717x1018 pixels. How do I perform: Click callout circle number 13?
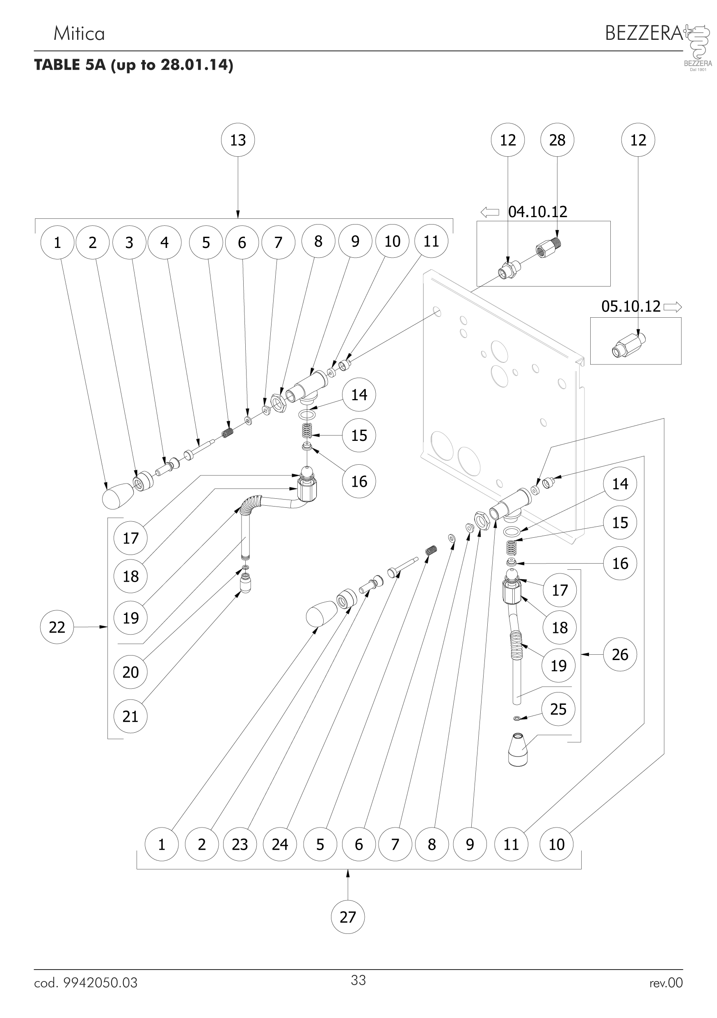(x=238, y=140)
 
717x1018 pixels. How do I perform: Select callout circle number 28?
(x=557, y=140)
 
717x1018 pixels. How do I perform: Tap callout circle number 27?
(x=347, y=917)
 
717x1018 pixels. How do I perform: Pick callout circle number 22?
(x=57, y=627)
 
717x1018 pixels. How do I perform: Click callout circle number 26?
(x=620, y=654)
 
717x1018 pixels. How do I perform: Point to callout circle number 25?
(x=558, y=709)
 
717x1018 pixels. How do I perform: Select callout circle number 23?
(x=240, y=844)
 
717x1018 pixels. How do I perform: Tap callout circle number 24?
(x=280, y=844)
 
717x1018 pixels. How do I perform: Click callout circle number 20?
(x=130, y=672)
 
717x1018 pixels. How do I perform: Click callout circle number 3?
(x=129, y=243)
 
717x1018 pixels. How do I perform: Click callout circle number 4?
(x=164, y=243)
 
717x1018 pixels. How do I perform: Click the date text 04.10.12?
(x=537, y=212)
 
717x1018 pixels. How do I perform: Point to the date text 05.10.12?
(x=630, y=306)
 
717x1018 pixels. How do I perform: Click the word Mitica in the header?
(x=79, y=34)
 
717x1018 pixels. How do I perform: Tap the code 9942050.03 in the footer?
(x=100, y=983)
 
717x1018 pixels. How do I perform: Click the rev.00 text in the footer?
(x=666, y=983)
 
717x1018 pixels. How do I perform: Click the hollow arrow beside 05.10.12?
(x=673, y=306)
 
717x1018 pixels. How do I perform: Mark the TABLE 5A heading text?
(x=133, y=65)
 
